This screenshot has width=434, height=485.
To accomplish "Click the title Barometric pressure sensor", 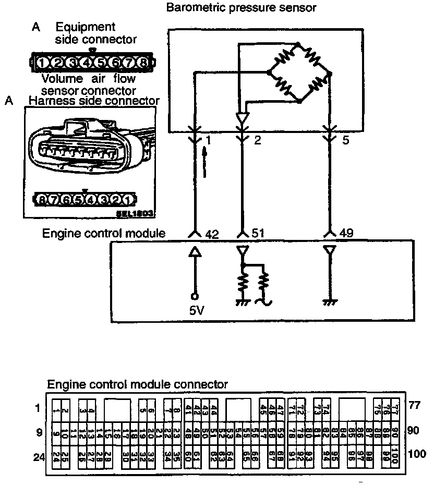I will coord(241,7).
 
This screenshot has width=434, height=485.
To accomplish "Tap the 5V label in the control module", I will coord(197,311).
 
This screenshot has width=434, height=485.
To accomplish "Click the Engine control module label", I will coord(104,233).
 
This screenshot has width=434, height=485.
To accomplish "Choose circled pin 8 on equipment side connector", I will coord(142,64).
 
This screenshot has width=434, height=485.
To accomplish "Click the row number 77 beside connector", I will coord(415,404).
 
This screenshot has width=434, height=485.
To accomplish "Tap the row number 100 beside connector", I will coord(418,454).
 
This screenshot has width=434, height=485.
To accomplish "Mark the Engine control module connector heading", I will coord(138,384).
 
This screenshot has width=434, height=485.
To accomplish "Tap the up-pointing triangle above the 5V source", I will coord(195,253).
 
